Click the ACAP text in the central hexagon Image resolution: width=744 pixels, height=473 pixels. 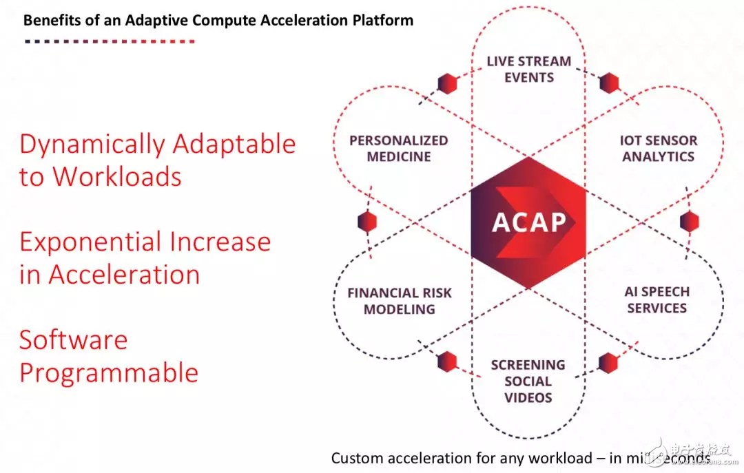coord(529,222)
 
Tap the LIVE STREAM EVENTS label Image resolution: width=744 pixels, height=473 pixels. coord(529,69)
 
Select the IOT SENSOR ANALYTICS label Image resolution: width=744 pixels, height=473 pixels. coord(658,148)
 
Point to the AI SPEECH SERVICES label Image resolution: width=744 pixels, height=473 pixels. coord(657,299)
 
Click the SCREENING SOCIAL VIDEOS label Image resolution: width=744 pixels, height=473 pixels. coord(528,381)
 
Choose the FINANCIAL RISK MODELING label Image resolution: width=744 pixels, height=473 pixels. coord(400,301)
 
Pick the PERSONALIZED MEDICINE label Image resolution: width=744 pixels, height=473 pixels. coord(398,148)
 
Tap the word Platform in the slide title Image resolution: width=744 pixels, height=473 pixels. coord(386,20)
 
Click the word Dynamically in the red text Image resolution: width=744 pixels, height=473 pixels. coord(92,145)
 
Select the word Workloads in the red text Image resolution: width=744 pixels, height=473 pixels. coord(117,177)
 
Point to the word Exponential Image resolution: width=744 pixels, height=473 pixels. coord(90,242)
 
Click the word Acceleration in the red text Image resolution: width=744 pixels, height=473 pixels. coord(124,275)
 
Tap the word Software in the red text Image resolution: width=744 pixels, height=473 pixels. coord(73,340)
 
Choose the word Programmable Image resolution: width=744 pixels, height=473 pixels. coord(109,372)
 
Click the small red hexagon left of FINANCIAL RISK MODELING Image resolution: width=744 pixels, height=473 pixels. coord(368,222)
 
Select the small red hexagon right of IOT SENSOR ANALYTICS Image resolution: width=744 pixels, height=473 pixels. coord(689,222)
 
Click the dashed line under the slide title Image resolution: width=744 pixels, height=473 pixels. coord(110,41)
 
